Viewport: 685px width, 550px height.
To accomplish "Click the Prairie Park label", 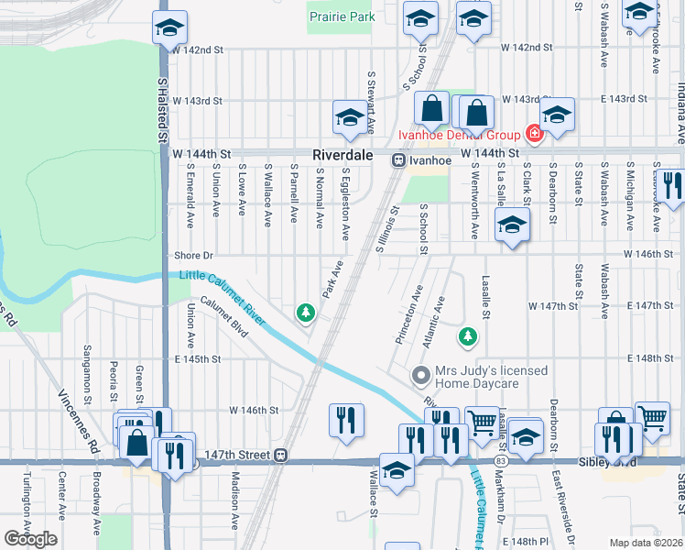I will click(342, 16).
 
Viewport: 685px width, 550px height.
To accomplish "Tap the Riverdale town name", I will click(342, 156).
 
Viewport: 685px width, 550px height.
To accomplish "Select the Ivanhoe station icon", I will click(399, 159).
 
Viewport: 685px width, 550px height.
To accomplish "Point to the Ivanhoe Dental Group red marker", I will click(534, 135).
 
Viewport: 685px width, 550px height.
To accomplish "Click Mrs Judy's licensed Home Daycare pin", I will click(421, 375).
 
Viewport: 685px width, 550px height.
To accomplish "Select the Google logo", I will click(30, 539).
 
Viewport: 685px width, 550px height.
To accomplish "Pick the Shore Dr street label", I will click(193, 257).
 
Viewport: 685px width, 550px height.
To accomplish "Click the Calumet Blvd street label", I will click(224, 316).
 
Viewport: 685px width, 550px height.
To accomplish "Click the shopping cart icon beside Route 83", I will click(481, 423).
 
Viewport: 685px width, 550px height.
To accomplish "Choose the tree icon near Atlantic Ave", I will click(468, 336).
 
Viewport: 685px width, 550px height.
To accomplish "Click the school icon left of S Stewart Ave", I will click(349, 117).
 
